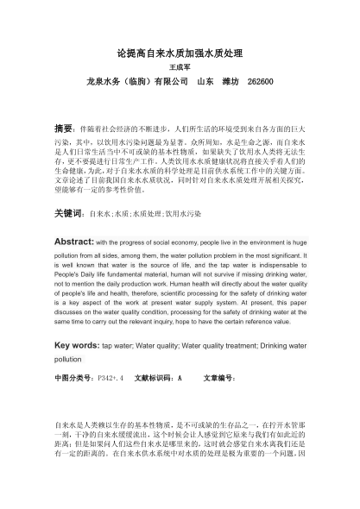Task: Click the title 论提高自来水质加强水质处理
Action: click(x=180, y=53)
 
